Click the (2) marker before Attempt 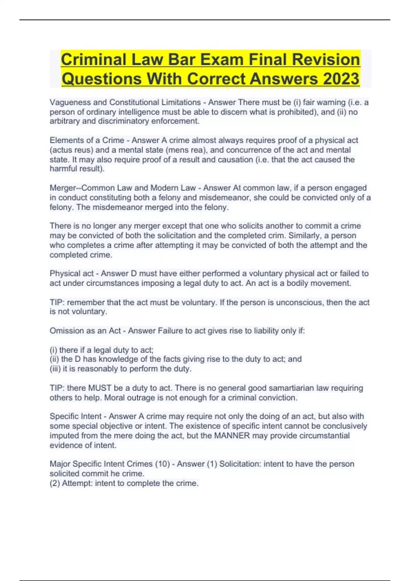point(55,483)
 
